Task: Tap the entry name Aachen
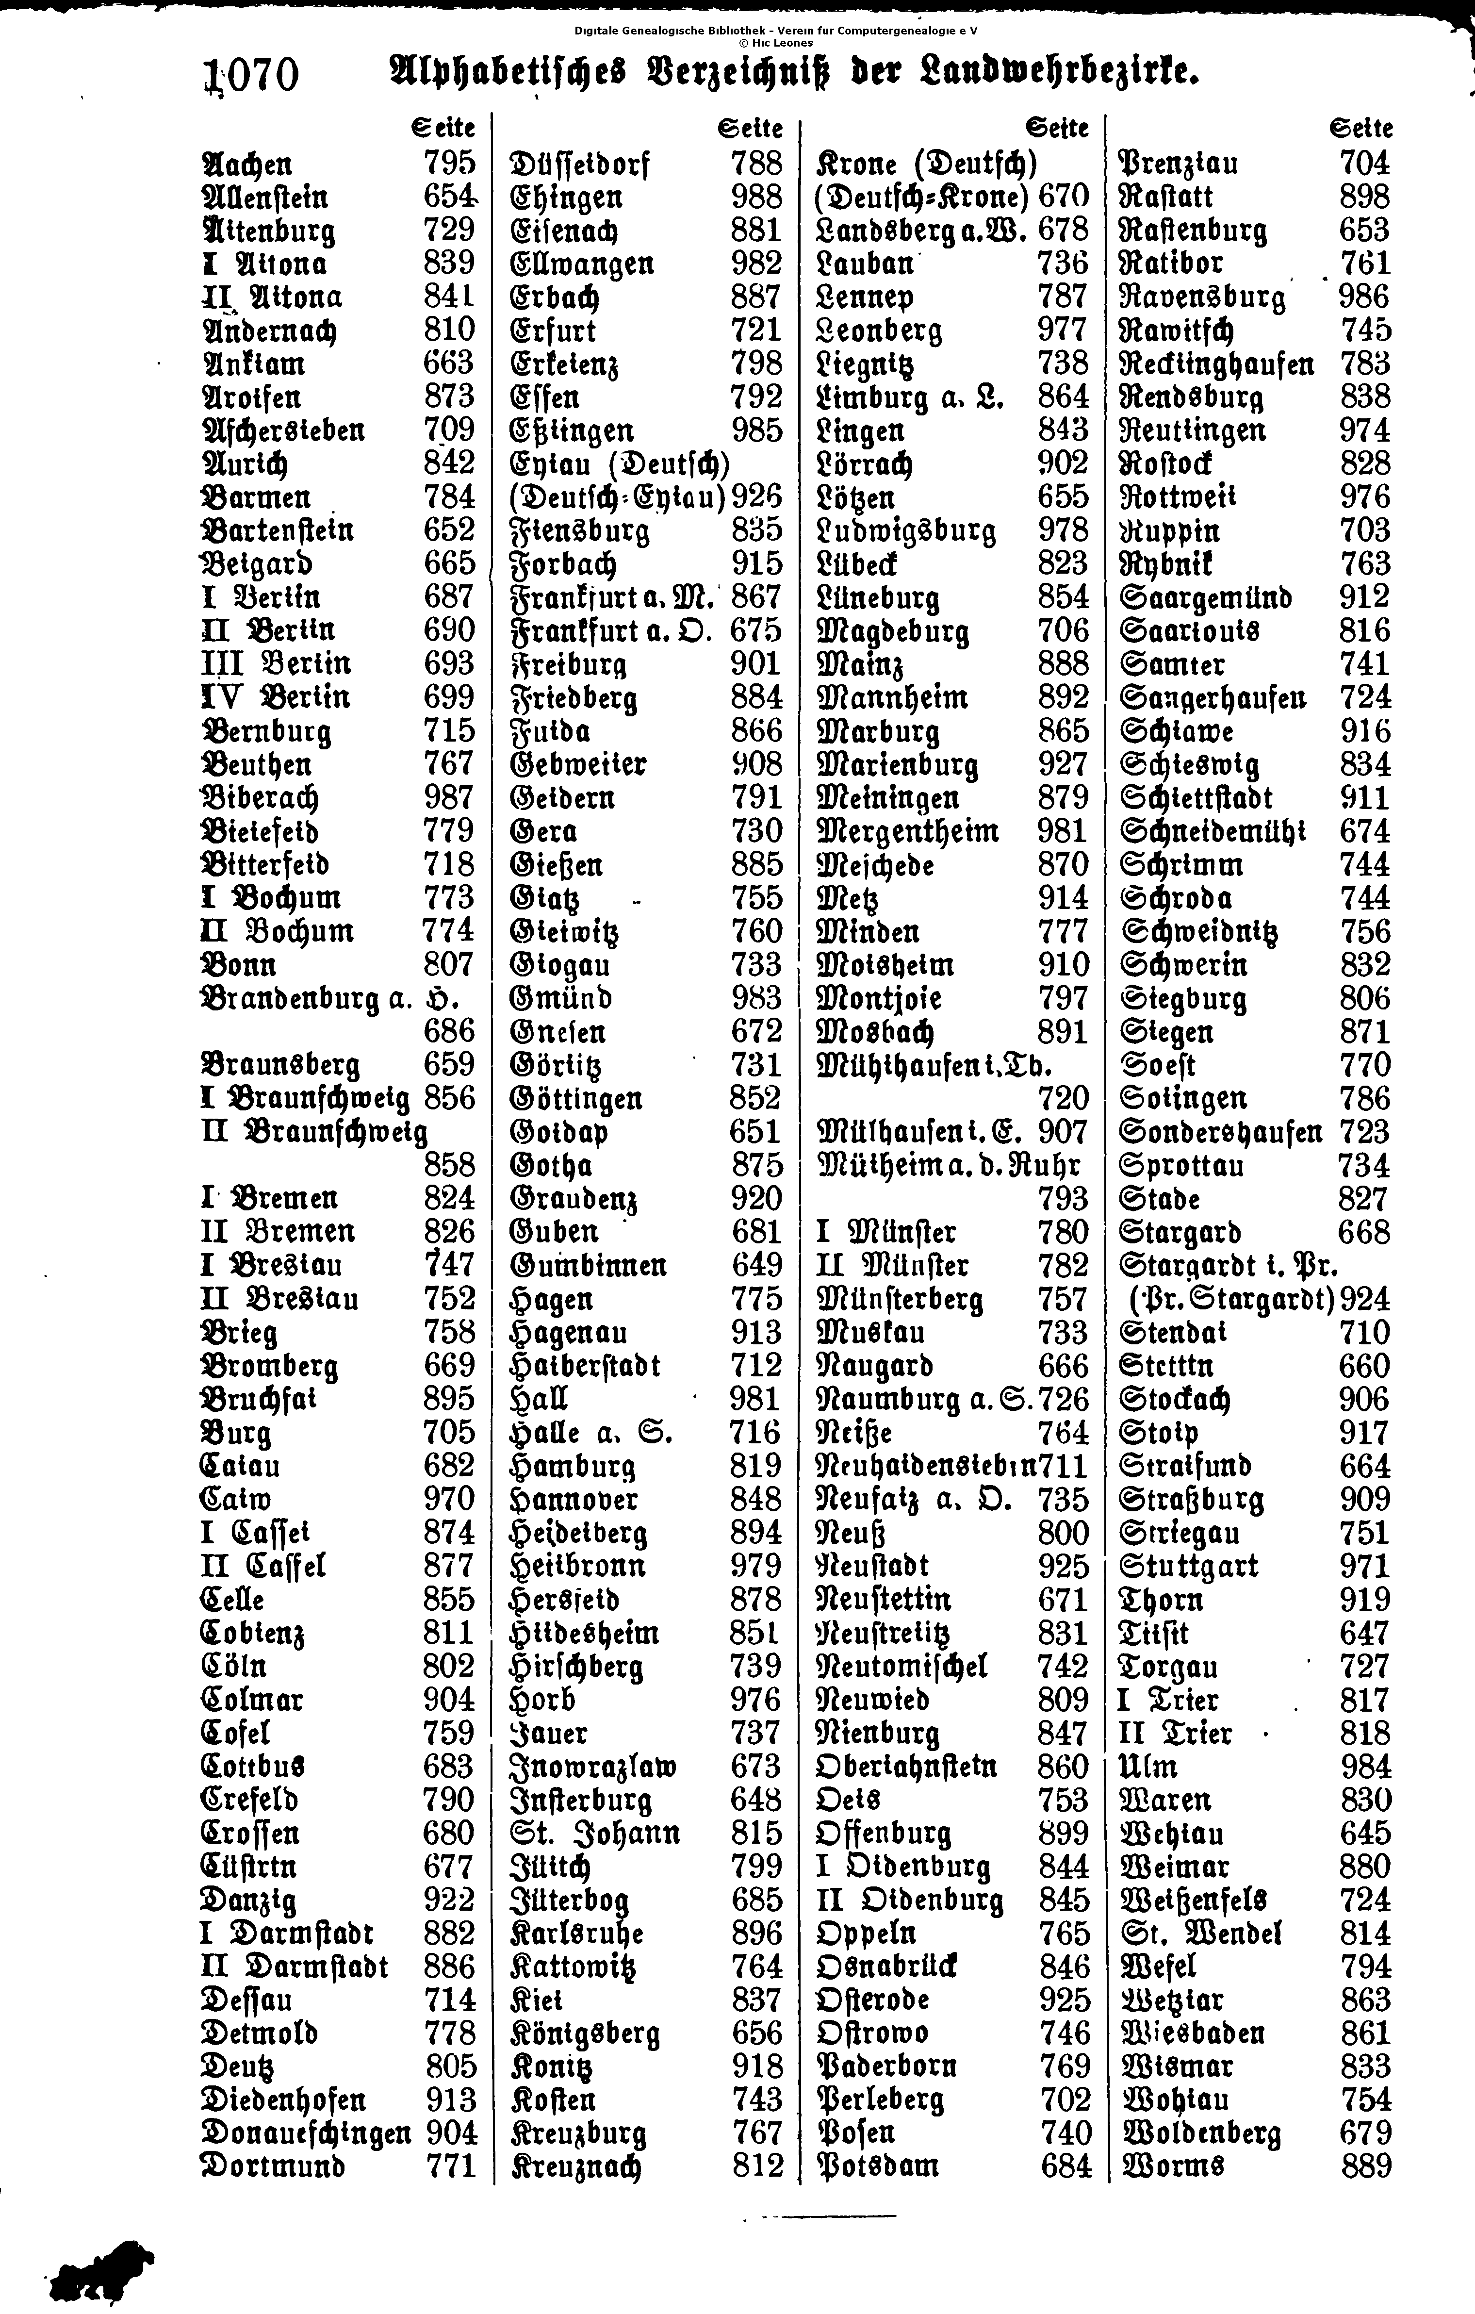pyautogui.click(x=247, y=164)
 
